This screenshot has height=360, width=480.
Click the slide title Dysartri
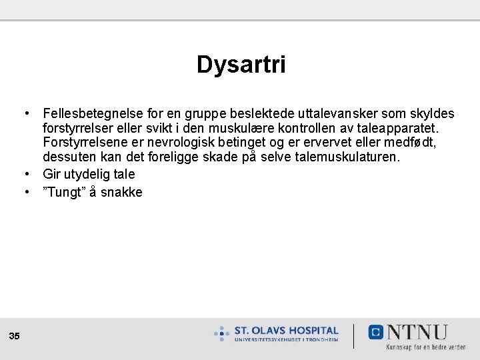pos(241,65)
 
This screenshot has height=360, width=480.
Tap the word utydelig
pos(88,174)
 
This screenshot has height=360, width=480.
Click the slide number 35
pos(15,337)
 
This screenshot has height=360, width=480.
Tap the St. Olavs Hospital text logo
pos(286,333)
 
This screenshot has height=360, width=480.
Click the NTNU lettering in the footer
pos(417,332)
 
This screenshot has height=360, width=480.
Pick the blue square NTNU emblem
pos(376,332)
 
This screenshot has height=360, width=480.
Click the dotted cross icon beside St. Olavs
pos(222,333)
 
